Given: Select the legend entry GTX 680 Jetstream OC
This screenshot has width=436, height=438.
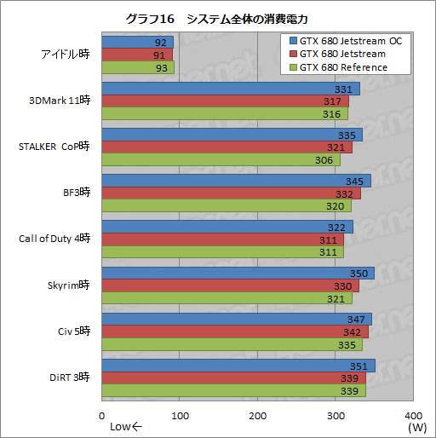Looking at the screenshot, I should coord(345,41).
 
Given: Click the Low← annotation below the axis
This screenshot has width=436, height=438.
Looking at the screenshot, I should coord(127,427).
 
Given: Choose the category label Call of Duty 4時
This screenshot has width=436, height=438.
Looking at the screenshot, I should coord(54,238).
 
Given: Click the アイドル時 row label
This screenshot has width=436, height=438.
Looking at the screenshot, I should coord(64,54).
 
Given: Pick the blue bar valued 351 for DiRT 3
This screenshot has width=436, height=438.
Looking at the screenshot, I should coord(238,366).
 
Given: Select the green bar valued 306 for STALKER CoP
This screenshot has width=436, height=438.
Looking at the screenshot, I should coord(221,160).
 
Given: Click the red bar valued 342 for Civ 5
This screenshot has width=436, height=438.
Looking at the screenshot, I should coord(234,331).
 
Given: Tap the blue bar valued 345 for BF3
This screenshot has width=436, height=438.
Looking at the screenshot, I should coord(236,181).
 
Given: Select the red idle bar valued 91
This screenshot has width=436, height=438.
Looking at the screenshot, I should coord(137,55).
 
